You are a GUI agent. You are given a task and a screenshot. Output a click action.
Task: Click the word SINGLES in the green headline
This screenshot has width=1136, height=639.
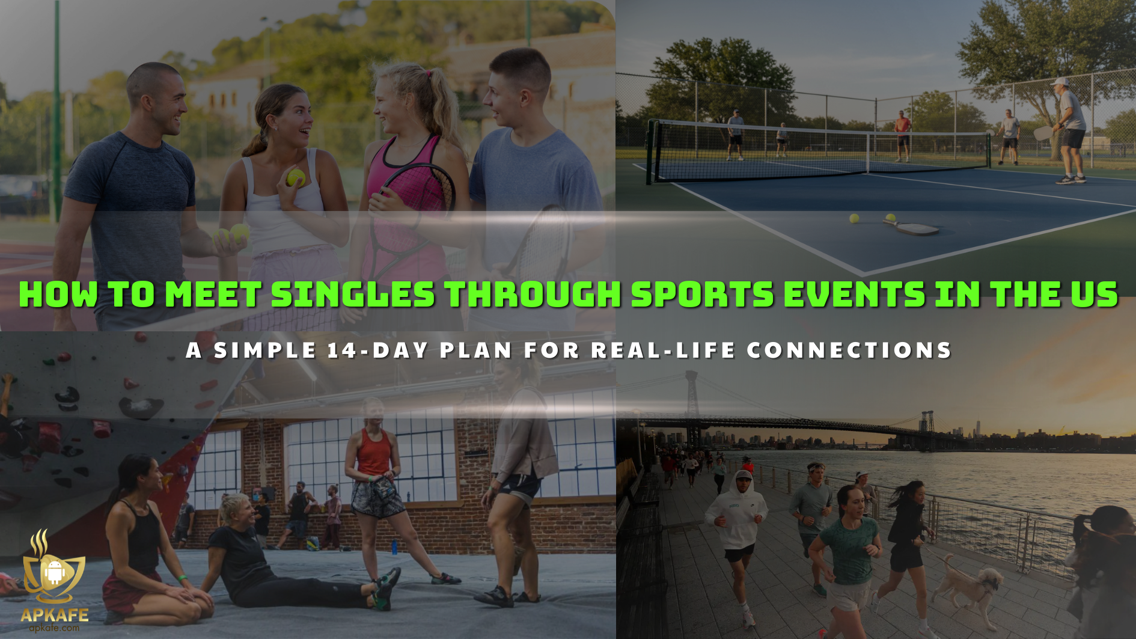pos(353,294)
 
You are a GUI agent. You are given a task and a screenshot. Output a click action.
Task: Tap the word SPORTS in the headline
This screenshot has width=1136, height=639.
pos(702,294)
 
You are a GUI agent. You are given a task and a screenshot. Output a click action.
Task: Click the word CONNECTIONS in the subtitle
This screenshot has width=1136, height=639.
pos(849,350)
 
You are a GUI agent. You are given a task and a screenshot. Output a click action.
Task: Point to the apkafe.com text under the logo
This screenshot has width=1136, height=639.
pos(54,628)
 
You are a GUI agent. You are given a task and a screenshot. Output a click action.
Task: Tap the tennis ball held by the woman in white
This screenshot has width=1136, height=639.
pos(296,177)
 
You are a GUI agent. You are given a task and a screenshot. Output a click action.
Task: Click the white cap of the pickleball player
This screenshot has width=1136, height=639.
pos(1060,81)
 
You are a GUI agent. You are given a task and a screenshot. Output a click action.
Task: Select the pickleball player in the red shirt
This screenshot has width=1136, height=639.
pos(902,135)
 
